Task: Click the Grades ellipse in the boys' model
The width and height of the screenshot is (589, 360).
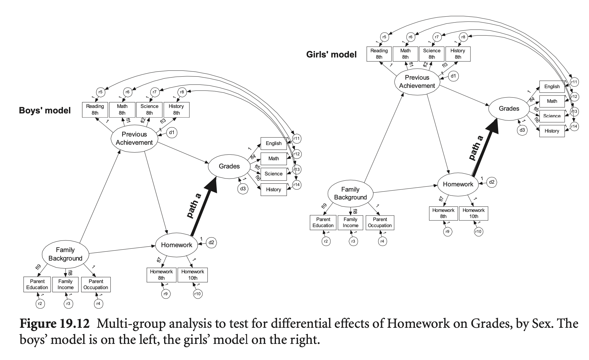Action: [x=229, y=166]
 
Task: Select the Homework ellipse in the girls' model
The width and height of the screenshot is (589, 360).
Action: [x=458, y=184]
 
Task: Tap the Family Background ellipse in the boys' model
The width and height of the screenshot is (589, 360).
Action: [x=65, y=254]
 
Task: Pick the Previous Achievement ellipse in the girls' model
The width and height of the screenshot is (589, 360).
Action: [x=417, y=82]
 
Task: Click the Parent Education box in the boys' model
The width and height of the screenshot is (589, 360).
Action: [x=37, y=285]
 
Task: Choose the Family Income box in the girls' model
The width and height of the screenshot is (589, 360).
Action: [x=350, y=223]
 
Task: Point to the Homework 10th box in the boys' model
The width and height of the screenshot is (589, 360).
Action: [x=193, y=275]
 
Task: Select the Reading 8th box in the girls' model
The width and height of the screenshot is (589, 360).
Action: [x=379, y=54]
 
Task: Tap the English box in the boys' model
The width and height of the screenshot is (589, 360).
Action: [x=274, y=144]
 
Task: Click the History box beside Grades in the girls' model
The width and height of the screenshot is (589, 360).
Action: [x=552, y=131]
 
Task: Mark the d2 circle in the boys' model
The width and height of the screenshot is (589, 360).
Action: [x=211, y=243]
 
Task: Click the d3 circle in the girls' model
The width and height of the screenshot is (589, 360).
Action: [x=522, y=130]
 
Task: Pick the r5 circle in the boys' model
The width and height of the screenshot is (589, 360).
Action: [x=100, y=92]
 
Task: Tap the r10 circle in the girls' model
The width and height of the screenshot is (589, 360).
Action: [x=478, y=232]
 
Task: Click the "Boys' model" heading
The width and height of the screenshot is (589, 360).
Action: [x=45, y=110]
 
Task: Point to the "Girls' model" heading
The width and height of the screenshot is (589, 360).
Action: [x=331, y=55]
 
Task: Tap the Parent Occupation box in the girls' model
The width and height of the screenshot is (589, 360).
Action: [x=380, y=223]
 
